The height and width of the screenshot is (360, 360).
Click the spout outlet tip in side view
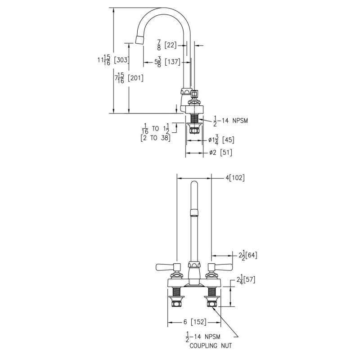coord(139,40)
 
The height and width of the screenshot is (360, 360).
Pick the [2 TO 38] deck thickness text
coord(155,138)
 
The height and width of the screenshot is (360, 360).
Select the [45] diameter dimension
coord(228,139)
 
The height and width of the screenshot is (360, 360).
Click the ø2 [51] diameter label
coord(220,153)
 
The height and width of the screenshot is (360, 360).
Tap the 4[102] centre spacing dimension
coord(235,177)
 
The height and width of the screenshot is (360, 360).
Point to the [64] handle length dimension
coord(251,255)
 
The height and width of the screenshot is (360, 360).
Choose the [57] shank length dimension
coord(249,280)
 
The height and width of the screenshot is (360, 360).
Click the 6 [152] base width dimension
coord(195,322)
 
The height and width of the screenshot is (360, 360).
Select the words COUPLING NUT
coord(211,346)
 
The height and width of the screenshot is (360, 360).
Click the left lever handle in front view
coord(168,267)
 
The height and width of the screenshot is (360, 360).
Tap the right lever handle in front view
coord(220,267)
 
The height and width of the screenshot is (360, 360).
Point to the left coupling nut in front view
coord(176,304)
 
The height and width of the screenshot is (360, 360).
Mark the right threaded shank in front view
coord(211,292)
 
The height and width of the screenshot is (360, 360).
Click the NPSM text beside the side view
coord(240,121)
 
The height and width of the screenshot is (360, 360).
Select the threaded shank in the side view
coord(194,118)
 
